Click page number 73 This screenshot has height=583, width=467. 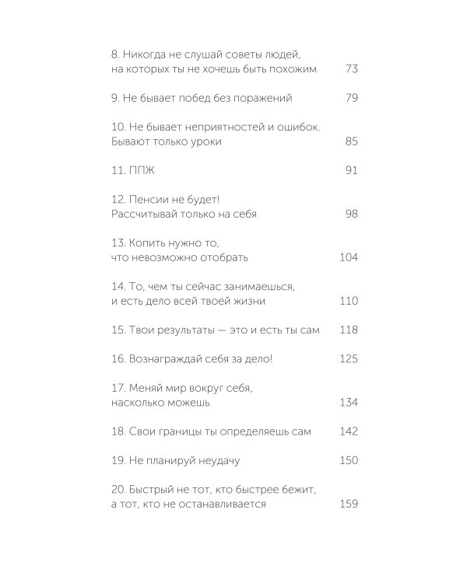pos(350,69)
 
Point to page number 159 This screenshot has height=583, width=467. pos(349,504)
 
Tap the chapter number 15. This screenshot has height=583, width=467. pos(118,330)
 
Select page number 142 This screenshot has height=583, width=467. pos(349,432)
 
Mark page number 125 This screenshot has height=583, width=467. pos(349,359)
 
